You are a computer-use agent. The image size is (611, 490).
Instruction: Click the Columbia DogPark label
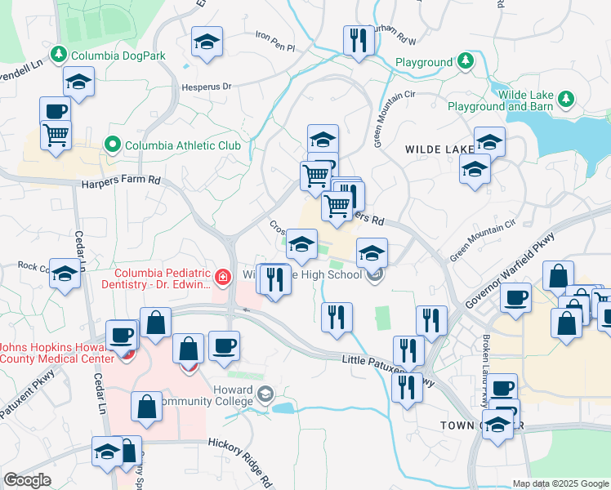click(118, 56)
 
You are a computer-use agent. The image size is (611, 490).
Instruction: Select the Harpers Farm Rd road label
click(121, 182)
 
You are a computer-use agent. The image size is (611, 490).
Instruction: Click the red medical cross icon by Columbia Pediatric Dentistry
click(221, 278)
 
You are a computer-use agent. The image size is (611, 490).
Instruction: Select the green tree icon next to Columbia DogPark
click(58, 56)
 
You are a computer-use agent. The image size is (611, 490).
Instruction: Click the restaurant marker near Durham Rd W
click(358, 40)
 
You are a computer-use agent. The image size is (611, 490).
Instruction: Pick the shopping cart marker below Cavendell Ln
click(56, 135)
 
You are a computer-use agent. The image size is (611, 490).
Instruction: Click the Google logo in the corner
click(27, 480)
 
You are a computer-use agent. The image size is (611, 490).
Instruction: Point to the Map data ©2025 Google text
click(560, 483)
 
